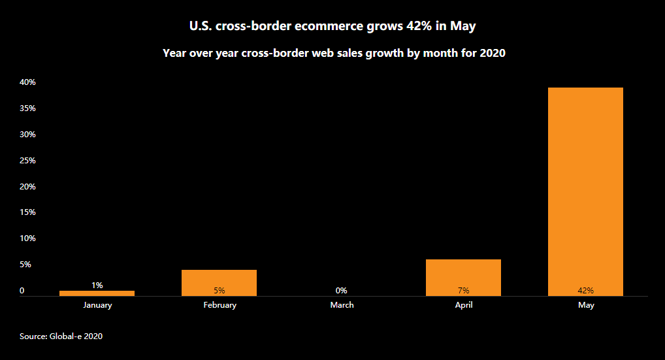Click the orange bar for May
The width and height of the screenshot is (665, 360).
tap(585, 189)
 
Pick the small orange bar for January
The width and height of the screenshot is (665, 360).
tap(97, 293)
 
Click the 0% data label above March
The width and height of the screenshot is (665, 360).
tap(341, 291)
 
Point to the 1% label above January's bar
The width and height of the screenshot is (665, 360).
tap(97, 285)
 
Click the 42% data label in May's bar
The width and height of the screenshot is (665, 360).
tap(585, 291)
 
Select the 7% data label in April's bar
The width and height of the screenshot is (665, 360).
tap(463, 291)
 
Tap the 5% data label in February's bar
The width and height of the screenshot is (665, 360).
tap(219, 291)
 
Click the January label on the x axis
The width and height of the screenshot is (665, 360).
tap(97, 305)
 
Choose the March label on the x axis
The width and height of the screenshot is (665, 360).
tap(342, 305)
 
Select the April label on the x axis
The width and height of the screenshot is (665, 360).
tap(464, 305)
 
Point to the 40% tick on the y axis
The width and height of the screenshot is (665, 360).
tap(27, 82)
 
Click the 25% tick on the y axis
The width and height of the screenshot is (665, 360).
tap(27, 161)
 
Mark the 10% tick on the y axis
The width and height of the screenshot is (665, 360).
tap(27, 238)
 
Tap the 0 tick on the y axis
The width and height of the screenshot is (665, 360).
tap(22, 291)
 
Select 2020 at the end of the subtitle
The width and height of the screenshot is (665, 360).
tap(493, 54)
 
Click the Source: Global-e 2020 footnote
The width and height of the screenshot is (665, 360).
tap(61, 336)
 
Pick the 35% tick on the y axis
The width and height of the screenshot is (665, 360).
tap(27, 108)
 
